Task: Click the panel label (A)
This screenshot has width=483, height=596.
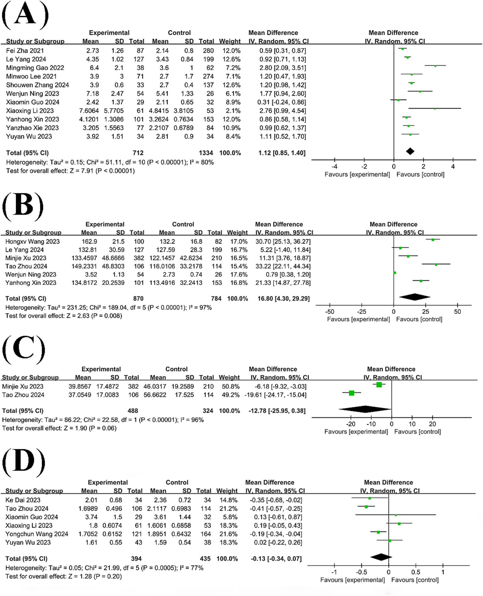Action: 25,14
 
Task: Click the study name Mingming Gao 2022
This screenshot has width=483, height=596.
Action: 35,68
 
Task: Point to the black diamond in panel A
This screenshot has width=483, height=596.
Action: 410,151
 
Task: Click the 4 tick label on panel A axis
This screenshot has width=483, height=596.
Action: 453,167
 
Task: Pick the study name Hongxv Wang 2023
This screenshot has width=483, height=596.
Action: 32,242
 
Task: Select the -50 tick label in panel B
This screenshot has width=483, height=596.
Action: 329,312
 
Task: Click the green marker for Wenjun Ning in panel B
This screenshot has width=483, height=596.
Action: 395,273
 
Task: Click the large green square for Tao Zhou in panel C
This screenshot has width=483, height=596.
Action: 352,393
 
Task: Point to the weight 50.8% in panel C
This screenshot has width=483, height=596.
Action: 229,387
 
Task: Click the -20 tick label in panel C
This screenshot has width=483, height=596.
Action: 351,424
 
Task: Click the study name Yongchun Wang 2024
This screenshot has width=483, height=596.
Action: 37,534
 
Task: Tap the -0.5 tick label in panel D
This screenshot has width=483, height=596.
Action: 361,572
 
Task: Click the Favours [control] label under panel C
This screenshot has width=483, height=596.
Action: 417,432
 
